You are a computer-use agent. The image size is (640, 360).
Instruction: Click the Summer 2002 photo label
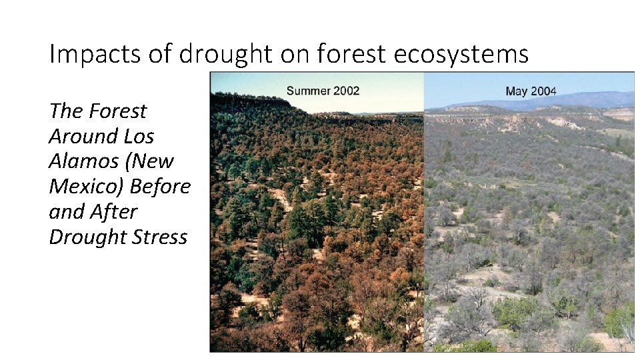(323, 91)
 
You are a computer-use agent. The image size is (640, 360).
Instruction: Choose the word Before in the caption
(160, 187)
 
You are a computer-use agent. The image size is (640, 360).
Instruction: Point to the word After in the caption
(115, 212)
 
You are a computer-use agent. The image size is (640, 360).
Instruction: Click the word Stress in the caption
(159, 237)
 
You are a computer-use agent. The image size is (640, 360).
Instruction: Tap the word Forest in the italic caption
(118, 111)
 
